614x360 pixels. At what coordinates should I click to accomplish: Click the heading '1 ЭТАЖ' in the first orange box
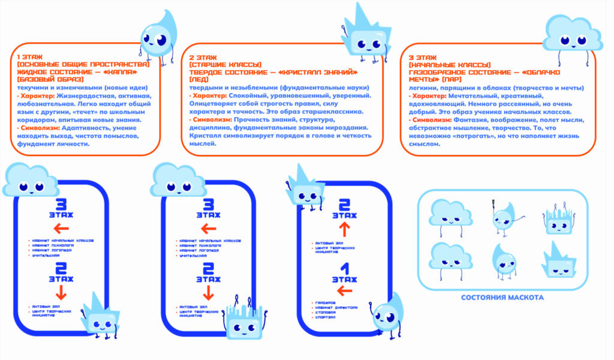click(26, 56)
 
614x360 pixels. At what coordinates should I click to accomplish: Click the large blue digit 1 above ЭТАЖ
click(344, 268)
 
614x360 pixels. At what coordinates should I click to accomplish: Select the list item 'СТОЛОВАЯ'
click(326, 312)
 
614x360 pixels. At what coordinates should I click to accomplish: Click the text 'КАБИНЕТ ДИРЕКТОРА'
click(336, 307)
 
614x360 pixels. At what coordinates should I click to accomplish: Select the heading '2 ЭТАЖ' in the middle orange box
click(198, 56)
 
